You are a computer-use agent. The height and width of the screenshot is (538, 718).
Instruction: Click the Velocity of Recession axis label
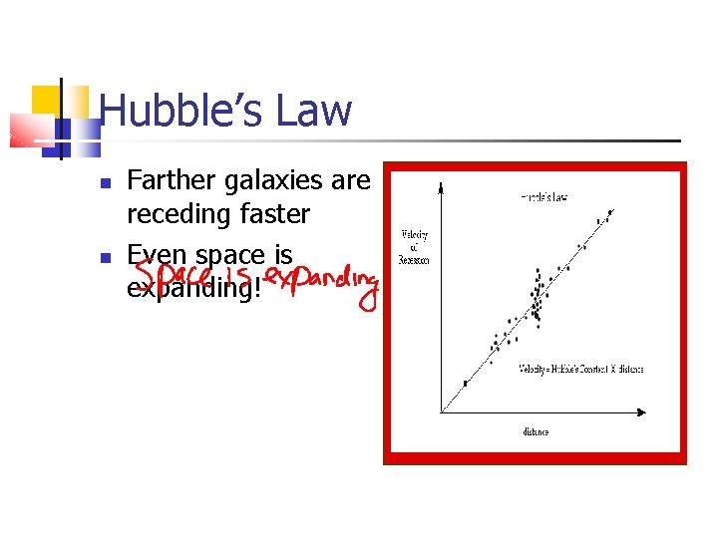(415, 247)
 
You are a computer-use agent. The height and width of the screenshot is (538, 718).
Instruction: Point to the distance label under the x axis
(535, 432)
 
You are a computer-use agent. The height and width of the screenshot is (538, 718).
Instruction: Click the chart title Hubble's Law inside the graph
(543, 197)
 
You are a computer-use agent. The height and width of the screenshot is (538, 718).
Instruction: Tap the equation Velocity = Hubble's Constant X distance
(580, 369)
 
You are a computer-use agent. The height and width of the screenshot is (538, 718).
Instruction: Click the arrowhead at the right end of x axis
(649, 412)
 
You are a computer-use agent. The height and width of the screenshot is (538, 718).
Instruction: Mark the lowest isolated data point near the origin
(465, 384)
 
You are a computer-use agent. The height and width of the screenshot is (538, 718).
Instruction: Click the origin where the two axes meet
(441, 412)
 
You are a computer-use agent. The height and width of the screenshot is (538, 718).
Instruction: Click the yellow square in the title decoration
(46, 101)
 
